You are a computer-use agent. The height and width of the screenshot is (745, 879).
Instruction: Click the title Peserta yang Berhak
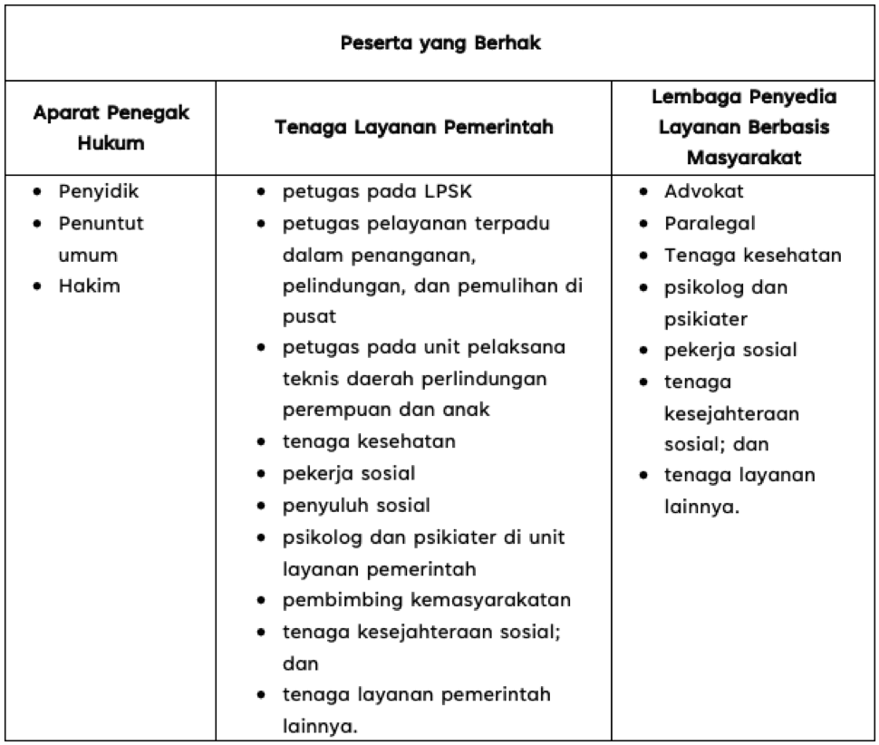tap(440, 44)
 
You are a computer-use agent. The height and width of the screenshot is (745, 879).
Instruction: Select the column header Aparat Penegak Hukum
tap(111, 129)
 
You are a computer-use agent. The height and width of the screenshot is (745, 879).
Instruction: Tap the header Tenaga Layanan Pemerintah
tap(414, 128)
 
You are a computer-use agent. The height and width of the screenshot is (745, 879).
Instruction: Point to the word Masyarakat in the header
tap(747, 158)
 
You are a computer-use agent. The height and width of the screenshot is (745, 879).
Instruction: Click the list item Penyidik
tap(99, 191)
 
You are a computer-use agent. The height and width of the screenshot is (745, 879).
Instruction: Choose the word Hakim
tap(89, 285)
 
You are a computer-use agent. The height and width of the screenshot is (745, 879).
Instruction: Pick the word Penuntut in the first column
tap(101, 223)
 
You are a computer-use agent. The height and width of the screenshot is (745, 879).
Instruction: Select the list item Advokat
tap(704, 191)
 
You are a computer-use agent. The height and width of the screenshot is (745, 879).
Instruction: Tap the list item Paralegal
tap(710, 223)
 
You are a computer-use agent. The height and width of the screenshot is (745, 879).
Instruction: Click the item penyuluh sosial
tap(356, 505)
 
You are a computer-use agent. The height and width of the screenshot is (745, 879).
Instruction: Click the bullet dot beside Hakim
tap(36, 286)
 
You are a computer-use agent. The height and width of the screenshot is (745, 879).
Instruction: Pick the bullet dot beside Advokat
tap(642, 192)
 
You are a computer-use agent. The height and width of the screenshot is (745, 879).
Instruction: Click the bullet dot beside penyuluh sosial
tap(261, 506)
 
